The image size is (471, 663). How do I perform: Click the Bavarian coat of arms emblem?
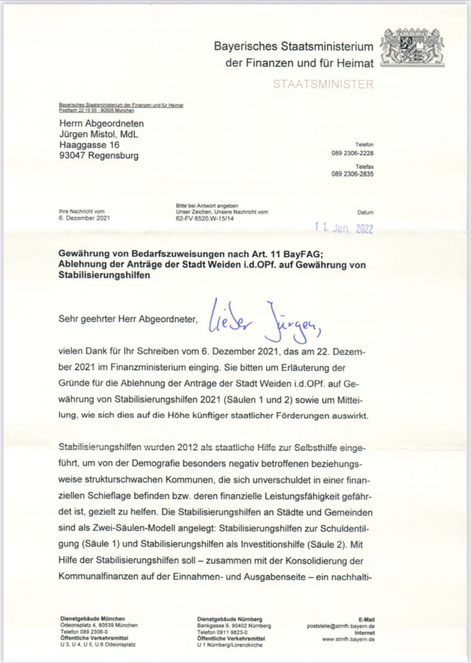[x=412, y=47]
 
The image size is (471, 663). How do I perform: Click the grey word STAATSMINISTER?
[x=323, y=84]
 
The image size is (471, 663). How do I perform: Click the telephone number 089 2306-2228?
[x=352, y=153]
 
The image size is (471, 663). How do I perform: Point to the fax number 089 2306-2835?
[x=352, y=174]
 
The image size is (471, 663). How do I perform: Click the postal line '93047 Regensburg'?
[x=99, y=156]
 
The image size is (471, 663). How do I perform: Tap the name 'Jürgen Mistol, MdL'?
[x=98, y=134]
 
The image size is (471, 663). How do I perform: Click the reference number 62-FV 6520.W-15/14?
[x=203, y=218]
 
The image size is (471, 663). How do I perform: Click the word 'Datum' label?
[x=365, y=212]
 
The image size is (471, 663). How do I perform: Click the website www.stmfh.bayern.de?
[x=348, y=639]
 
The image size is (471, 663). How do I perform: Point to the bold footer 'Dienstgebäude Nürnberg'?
[x=229, y=618]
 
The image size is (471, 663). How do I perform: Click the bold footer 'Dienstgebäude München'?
[x=92, y=618]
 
